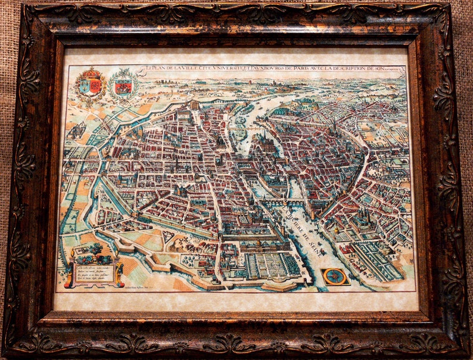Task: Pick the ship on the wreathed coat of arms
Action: point(124,87)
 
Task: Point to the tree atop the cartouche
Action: point(95,249)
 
